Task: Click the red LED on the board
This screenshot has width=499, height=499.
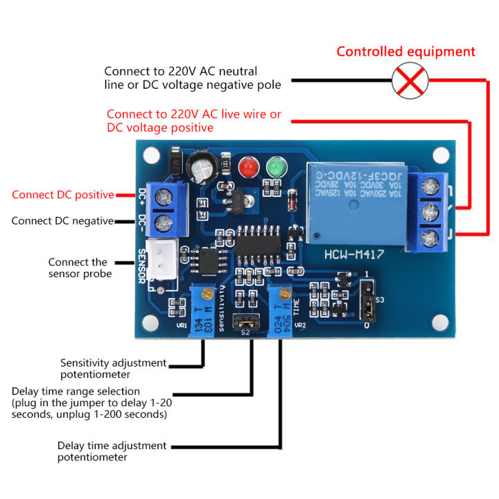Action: pyautogui.click(x=247, y=168)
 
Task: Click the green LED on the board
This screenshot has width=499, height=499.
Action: pyautogui.click(x=276, y=168)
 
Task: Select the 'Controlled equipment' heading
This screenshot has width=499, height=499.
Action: pyautogui.click(x=406, y=52)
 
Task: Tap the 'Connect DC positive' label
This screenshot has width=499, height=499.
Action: pyautogui.click(x=62, y=195)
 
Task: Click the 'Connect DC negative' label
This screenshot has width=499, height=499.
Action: pyautogui.click(x=62, y=221)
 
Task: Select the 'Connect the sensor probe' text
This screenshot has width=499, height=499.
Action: pyautogui.click(x=78, y=268)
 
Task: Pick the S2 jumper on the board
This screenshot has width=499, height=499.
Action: pyautogui.click(x=243, y=320)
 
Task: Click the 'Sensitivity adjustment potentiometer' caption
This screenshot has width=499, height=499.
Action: pyautogui.click(x=113, y=369)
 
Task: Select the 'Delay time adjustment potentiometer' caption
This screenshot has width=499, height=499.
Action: pyautogui.click(x=112, y=452)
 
